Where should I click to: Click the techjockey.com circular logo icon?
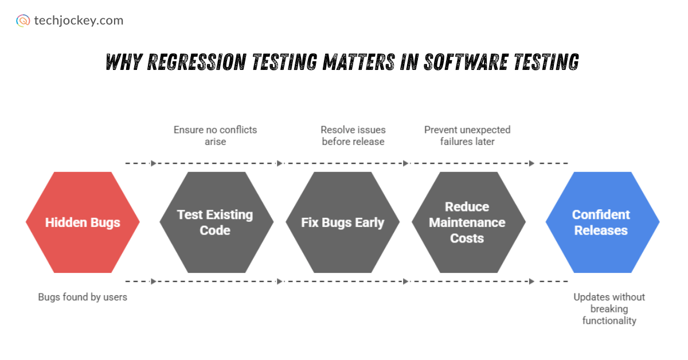(x=23, y=21)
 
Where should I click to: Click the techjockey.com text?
(x=79, y=21)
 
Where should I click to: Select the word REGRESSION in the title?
(x=197, y=62)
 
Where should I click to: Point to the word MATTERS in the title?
(x=359, y=62)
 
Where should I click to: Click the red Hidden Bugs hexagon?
(x=83, y=222)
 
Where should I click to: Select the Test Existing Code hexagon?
(x=216, y=222)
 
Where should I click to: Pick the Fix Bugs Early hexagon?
(x=342, y=222)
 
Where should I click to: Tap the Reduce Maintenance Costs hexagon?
(x=469, y=222)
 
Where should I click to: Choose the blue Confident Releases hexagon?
(x=603, y=222)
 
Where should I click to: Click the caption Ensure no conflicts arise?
(x=216, y=135)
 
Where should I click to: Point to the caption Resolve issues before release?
(x=353, y=135)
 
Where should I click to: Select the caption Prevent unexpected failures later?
(x=467, y=135)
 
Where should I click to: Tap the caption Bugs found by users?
(x=83, y=297)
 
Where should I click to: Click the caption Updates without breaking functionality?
(x=609, y=309)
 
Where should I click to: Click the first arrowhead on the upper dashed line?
(x=154, y=163)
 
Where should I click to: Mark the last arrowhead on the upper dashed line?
(x=531, y=163)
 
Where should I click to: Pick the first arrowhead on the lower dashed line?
(x=154, y=281)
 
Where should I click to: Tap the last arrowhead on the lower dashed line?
(x=531, y=281)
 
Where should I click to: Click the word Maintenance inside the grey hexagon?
(x=467, y=222)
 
